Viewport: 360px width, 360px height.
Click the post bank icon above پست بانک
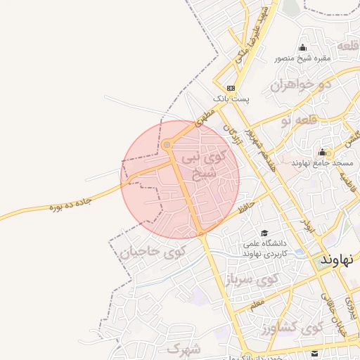(x=231, y=88)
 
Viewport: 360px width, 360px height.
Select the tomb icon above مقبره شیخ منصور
(x=302, y=48)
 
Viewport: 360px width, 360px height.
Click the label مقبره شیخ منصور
(x=303, y=58)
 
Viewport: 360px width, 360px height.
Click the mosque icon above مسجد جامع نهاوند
(x=322, y=152)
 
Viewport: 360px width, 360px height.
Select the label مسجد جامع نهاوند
(x=324, y=162)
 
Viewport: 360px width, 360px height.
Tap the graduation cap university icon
(x=264, y=233)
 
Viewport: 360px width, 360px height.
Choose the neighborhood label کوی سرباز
(x=252, y=280)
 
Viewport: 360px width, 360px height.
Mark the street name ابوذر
(x=307, y=225)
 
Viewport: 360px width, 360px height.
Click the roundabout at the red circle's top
(x=167, y=145)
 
